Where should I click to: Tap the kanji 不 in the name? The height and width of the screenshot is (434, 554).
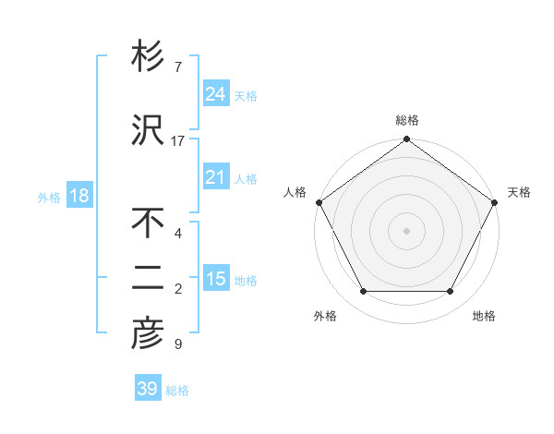coord(148,223)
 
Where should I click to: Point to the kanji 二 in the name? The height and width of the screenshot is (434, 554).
coord(148,280)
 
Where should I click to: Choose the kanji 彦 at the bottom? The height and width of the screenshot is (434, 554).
coord(148,334)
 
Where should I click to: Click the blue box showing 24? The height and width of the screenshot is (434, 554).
coord(215,93)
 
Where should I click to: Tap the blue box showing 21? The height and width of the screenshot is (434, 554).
coord(215,177)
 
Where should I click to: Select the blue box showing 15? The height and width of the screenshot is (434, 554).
coord(215,279)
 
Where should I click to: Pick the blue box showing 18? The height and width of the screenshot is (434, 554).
coord(78,196)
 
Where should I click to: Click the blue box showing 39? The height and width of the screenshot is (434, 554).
coord(147,389)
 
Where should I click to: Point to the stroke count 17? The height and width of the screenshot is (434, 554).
coord(178,141)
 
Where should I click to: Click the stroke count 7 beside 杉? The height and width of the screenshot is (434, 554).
coord(177,67)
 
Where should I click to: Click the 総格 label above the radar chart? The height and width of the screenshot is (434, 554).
coord(406,120)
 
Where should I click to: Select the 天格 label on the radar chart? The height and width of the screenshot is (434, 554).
coord(519,192)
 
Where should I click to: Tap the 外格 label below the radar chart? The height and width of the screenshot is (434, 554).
coord(325,316)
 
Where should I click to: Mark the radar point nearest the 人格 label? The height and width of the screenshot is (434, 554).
coord(319,202)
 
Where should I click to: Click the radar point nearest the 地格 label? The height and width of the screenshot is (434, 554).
coord(451,292)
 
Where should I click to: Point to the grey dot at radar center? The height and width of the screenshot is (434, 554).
coord(406,231)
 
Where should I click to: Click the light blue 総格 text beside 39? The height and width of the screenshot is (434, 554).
coord(177,391)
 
